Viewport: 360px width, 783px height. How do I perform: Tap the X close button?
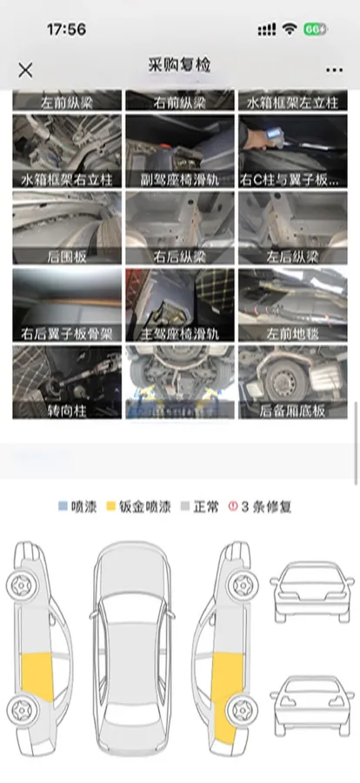click(26, 70)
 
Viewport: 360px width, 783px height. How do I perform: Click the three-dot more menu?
click(334, 70)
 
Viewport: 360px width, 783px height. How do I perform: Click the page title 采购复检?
click(180, 65)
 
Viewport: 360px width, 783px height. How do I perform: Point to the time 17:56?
click(66, 29)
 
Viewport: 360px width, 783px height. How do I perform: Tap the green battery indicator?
click(316, 29)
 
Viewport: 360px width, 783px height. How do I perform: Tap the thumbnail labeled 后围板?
click(67, 229)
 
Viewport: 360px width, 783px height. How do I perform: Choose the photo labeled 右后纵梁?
click(179, 229)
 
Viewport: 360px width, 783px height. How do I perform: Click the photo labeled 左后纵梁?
click(293, 229)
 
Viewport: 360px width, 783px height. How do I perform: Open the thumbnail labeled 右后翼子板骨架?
click(67, 305)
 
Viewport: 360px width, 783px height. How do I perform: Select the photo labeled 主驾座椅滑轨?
click(179, 305)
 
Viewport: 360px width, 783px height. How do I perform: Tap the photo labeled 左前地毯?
click(293, 305)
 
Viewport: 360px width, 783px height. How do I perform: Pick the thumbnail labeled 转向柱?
click(67, 383)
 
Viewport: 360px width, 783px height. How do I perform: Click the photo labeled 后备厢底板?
click(293, 383)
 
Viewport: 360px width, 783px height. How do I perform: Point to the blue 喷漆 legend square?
click(63, 506)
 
